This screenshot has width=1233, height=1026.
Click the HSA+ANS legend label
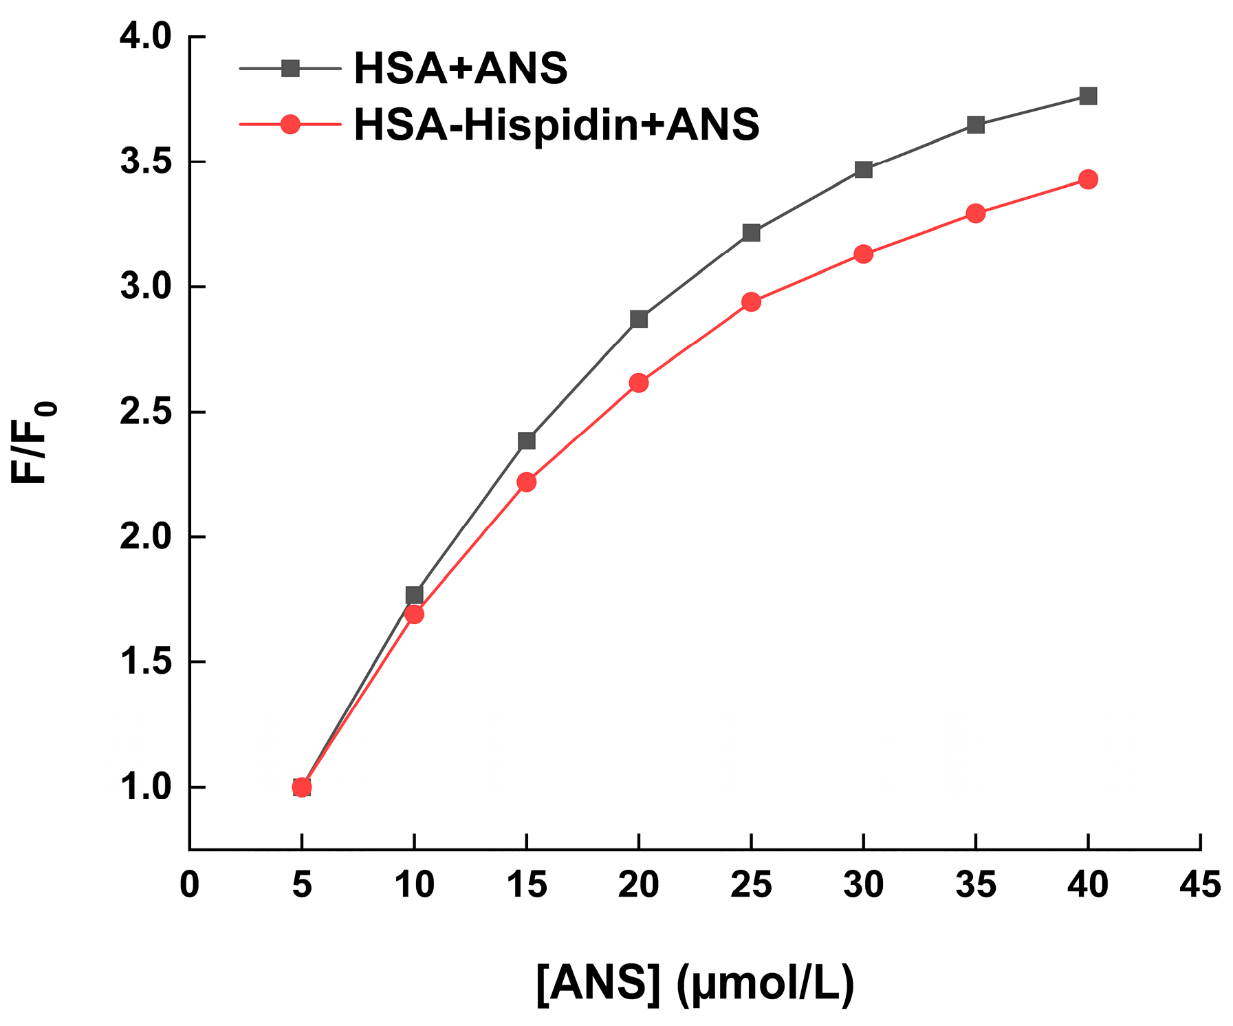tap(460, 68)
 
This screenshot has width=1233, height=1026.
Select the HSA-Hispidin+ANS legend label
tap(556, 125)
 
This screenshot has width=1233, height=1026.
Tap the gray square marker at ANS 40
tap(1088, 96)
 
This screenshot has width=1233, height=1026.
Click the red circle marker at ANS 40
tap(1088, 180)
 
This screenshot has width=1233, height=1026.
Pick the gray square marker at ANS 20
tap(639, 319)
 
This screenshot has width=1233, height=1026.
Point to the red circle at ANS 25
tap(752, 301)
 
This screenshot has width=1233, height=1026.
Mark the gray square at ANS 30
tap(864, 169)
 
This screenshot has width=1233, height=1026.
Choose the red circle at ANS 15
tap(527, 482)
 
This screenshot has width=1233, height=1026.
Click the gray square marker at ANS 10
tap(414, 595)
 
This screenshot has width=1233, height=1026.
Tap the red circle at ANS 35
tap(976, 213)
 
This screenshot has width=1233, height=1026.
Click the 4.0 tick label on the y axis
tap(145, 36)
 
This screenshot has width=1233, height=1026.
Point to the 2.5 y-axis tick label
tap(145, 412)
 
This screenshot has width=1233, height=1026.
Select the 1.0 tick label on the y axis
tap(145, 787)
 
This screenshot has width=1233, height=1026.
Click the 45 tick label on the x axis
tap(1200, 885)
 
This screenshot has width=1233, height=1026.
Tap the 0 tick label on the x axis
tap(189, 885)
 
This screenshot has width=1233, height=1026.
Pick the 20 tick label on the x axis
tap(638, 885)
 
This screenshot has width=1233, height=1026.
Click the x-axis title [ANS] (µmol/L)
tap(695, 984)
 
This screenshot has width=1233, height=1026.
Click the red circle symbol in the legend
tap(290, 125)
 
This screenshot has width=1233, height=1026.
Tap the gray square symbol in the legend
tap(290, 68)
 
